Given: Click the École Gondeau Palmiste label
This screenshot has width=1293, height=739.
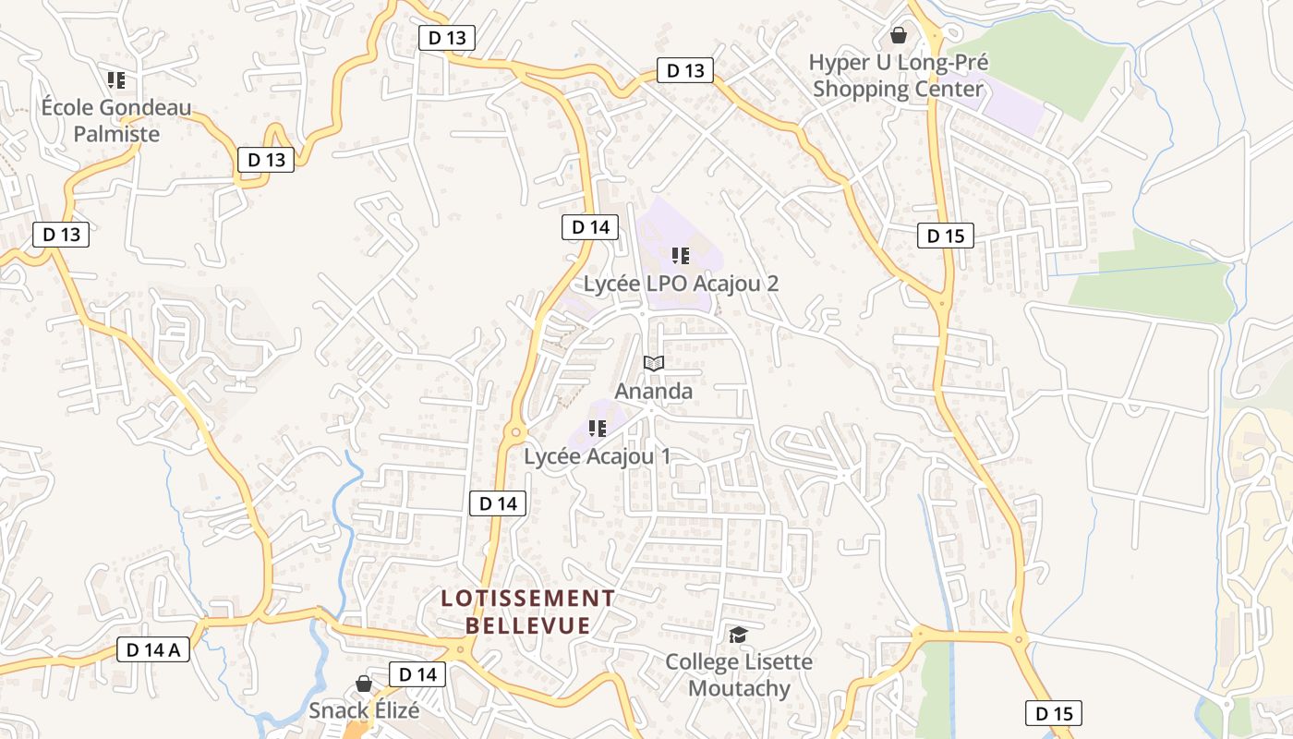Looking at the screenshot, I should (116, 121).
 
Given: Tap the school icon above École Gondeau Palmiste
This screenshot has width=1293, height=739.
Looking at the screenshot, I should (115, 80).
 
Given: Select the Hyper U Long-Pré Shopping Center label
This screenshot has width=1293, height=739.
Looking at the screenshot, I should (899, 76).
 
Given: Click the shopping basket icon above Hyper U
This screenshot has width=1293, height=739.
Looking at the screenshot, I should (898, 36).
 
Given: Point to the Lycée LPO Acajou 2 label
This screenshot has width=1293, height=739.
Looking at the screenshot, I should (681, 283).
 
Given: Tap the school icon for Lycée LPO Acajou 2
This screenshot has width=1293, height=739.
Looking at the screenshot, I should (681, 256).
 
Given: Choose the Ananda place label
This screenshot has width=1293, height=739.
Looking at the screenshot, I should (653, 391).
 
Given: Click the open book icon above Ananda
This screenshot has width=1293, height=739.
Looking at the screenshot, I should (653, 364).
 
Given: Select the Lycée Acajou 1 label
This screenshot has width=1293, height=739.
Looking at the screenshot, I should (597, 455).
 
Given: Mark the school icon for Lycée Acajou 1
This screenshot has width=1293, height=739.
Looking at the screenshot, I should (597, 429).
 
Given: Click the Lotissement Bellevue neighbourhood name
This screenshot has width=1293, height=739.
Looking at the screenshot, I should (527, 612).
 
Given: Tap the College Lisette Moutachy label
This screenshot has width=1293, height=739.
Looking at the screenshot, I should (739, 675).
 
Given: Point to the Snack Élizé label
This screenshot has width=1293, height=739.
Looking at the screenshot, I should (364, 710).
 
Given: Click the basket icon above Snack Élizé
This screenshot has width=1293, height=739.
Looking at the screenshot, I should (364, 684).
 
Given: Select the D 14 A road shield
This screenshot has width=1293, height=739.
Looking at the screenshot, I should (153, 649).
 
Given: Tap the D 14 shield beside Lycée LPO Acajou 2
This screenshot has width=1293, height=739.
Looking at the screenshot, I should (589, 227).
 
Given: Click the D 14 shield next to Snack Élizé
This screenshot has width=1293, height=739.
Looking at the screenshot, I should (417, 674).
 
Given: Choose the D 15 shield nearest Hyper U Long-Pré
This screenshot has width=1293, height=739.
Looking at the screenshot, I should (945, 236).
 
